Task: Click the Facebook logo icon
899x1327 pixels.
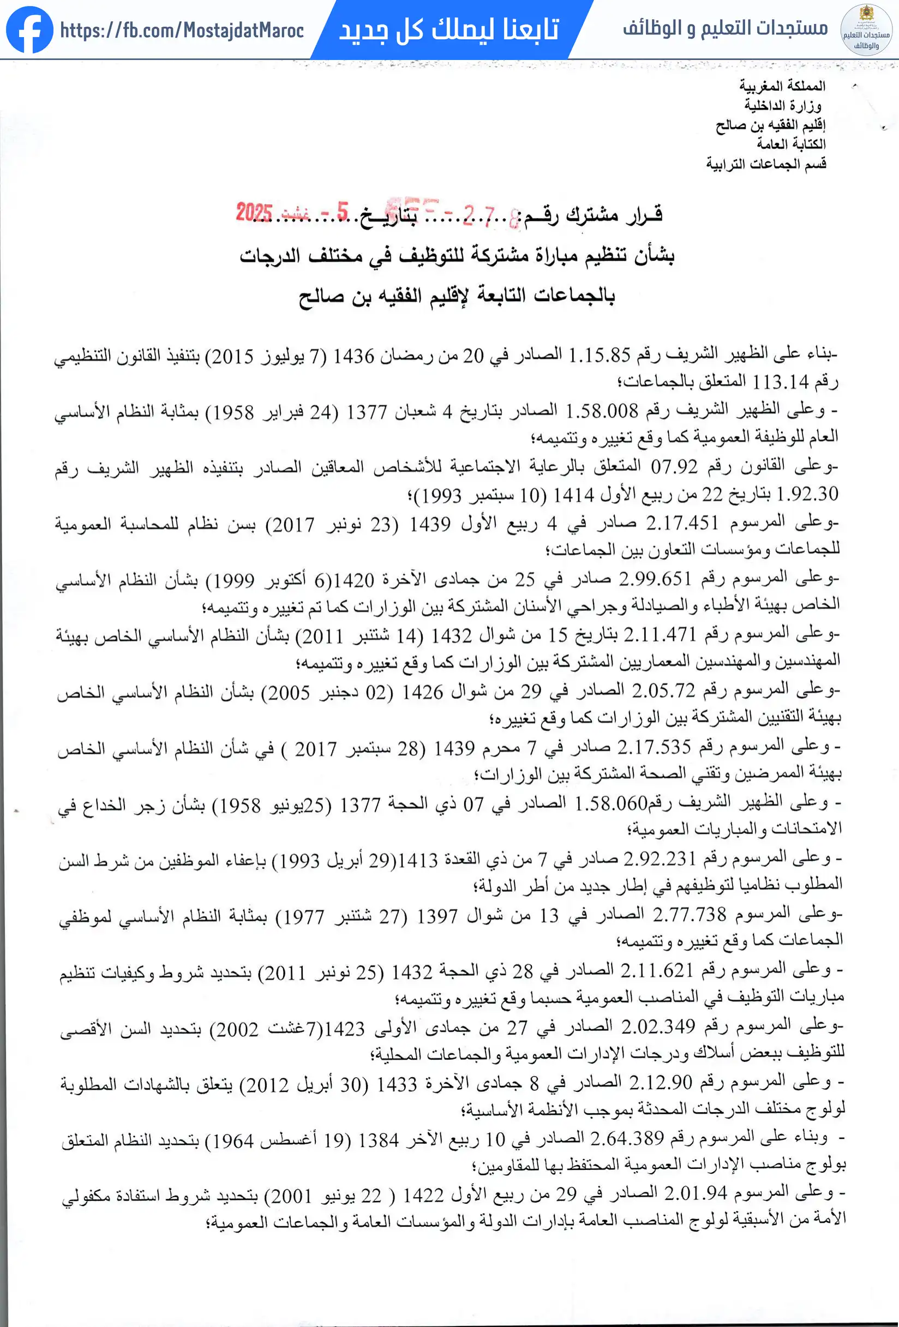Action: pyautogui.click(x=29, y=29)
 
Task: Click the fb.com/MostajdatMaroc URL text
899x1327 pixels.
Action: pyautogui.click(x=182, y=30)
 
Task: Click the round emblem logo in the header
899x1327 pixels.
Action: pyautogui.click(x=866, y=29)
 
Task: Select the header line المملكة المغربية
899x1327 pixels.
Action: pyautogui.click(x=782, y=86)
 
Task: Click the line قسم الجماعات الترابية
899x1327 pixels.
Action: pyautogui.click(x=766, y=164)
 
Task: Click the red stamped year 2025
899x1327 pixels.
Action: pyautogui.click(x=254, y=212)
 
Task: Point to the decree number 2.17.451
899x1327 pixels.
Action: pyautogui.click(x=681, y=523)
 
